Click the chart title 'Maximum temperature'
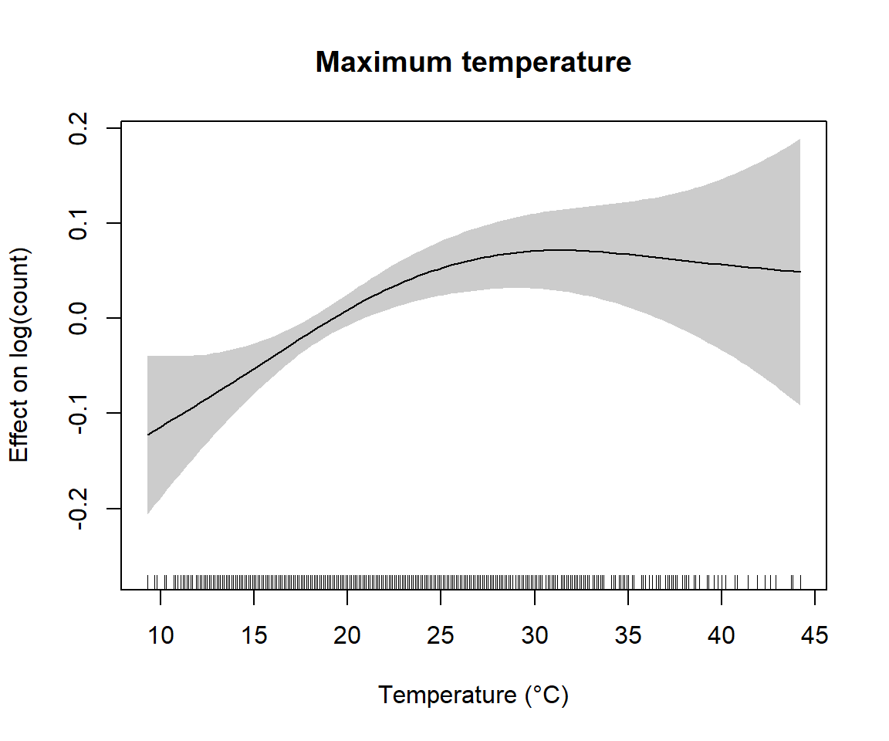(x=473, y=63)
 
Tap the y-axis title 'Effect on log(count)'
(x=19, y=355)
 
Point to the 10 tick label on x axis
(x=161, y=636)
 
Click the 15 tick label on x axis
(x=254, y=636)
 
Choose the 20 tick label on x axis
(x=347, y=636)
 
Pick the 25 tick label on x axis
(x=441, y=636)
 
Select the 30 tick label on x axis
(x=534, y=636)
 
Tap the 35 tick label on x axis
(x=628, y=636)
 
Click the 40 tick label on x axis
(x=722, y=636)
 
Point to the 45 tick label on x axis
(x=815, y=636)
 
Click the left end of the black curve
(x=148, y=435)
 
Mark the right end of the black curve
(x=800, y=272)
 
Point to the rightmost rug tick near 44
(x=800, y=580)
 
